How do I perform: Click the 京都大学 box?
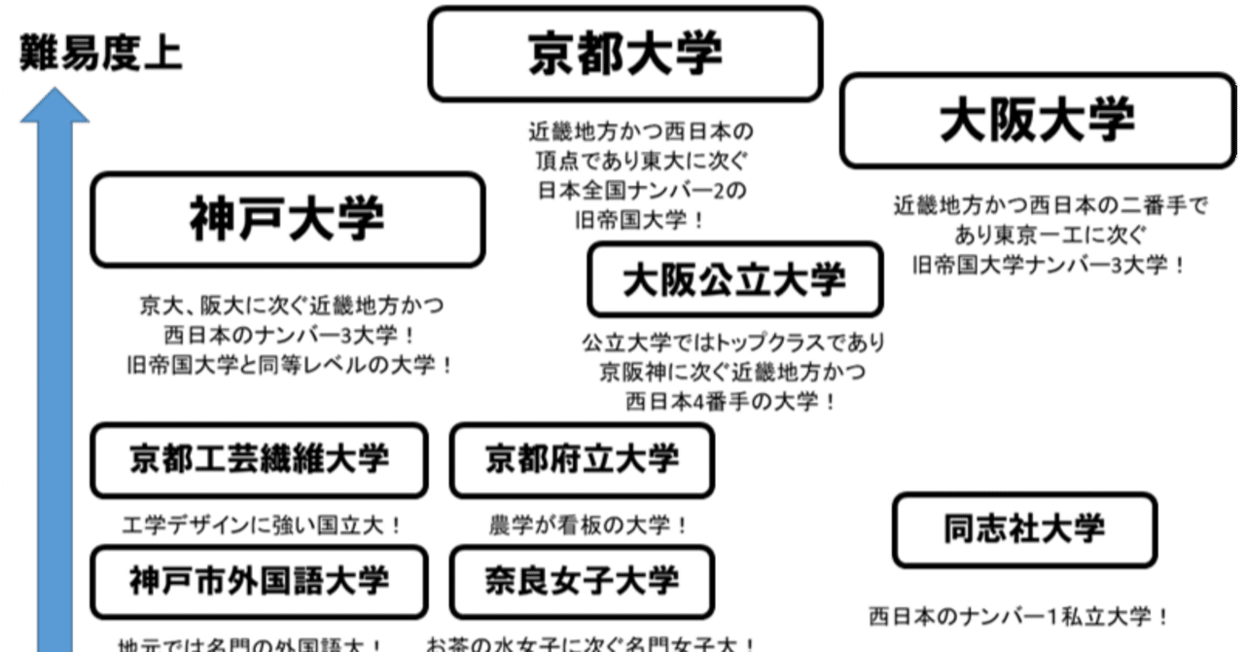[x=625, y=54]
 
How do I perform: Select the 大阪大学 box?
[x=1037, y=121]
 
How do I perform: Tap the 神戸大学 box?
[x=287, y=221]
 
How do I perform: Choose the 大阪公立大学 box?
[x=734, y=280]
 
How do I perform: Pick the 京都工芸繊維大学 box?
[x=259, y=459]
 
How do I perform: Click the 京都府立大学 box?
[x=582, y=459]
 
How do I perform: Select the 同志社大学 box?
[x=1024, y=530]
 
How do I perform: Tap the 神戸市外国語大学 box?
[x=259, y=581]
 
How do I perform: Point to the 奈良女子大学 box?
[x=582, y=581]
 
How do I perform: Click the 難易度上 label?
[x=100, y=54]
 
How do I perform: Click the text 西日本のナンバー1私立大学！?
[x=1019, y=616]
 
